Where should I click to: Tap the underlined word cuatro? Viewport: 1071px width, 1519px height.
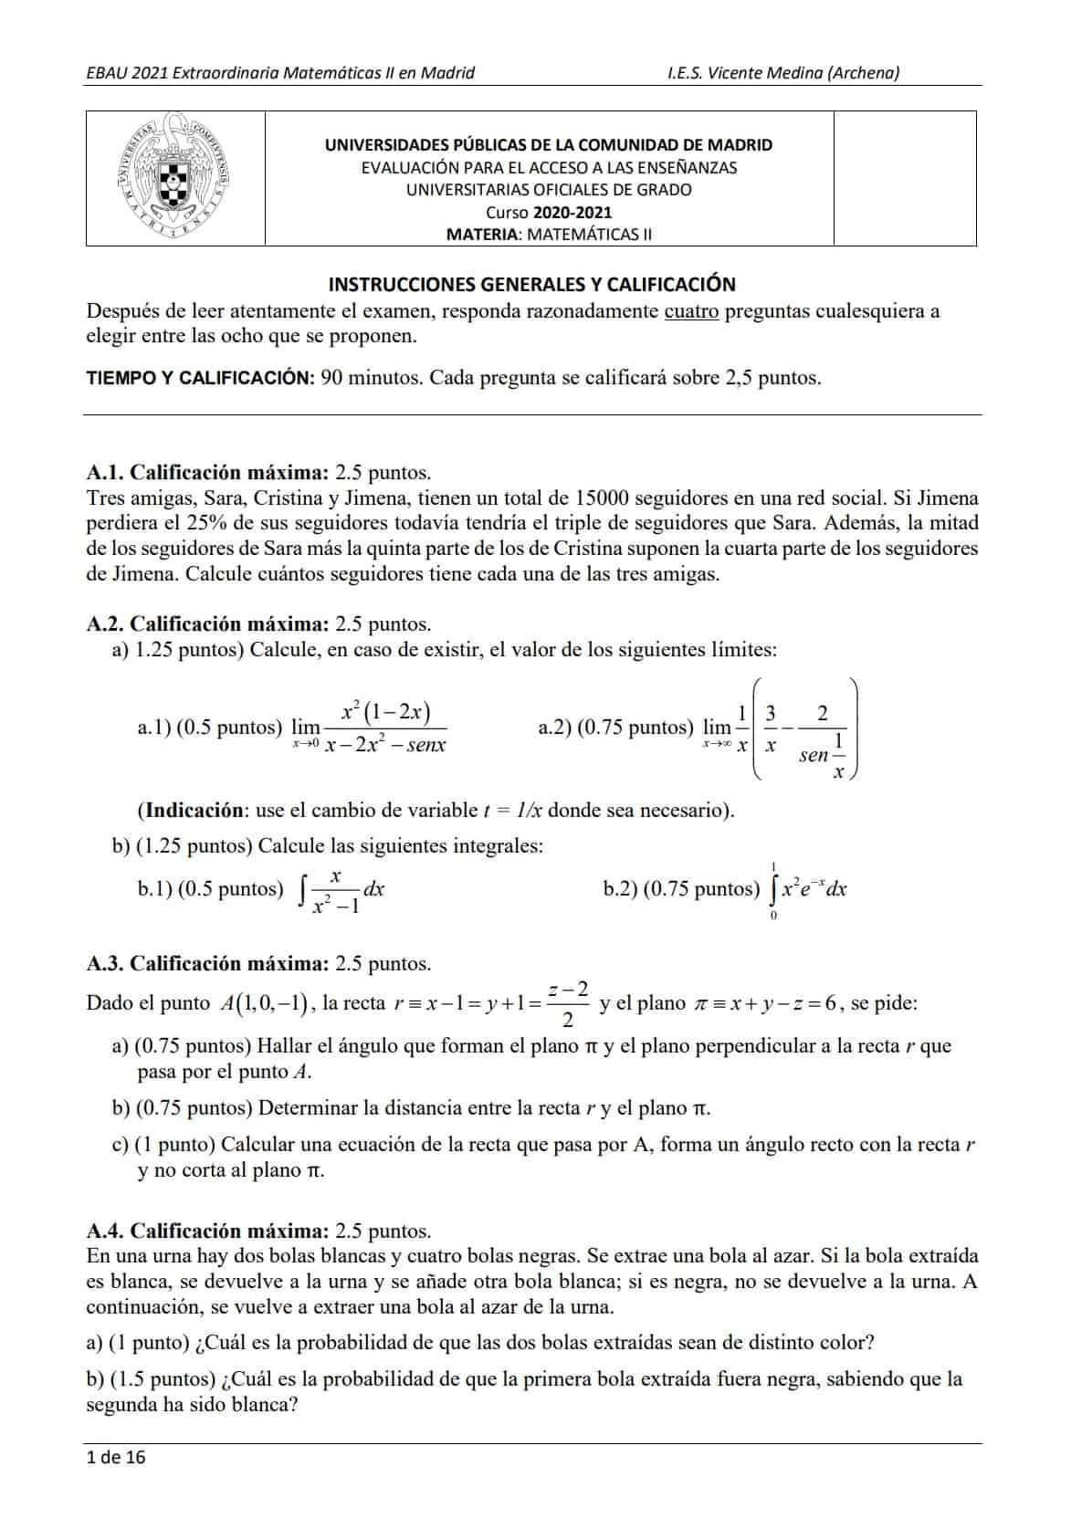tap(691, 311)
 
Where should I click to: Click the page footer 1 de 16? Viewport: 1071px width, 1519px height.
tap(115, 1457)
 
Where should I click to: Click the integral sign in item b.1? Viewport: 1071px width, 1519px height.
tap(302, 889)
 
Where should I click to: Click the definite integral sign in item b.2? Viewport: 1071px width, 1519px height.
tap(773, 889)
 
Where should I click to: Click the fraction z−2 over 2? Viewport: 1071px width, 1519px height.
tap(568, 1003)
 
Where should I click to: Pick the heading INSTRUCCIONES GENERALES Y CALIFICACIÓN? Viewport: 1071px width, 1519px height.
tap(531, 284)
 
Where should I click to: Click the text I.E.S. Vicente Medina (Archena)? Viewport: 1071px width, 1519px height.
tap(783, 73)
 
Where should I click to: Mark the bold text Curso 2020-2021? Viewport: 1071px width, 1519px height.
tap(549, 213)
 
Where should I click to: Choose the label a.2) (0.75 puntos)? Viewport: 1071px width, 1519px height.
tap(616, 728)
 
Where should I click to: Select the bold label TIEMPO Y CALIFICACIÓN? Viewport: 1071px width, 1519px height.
tap(201, 378)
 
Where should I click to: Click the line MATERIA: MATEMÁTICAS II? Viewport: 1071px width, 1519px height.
tap(549, 235)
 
